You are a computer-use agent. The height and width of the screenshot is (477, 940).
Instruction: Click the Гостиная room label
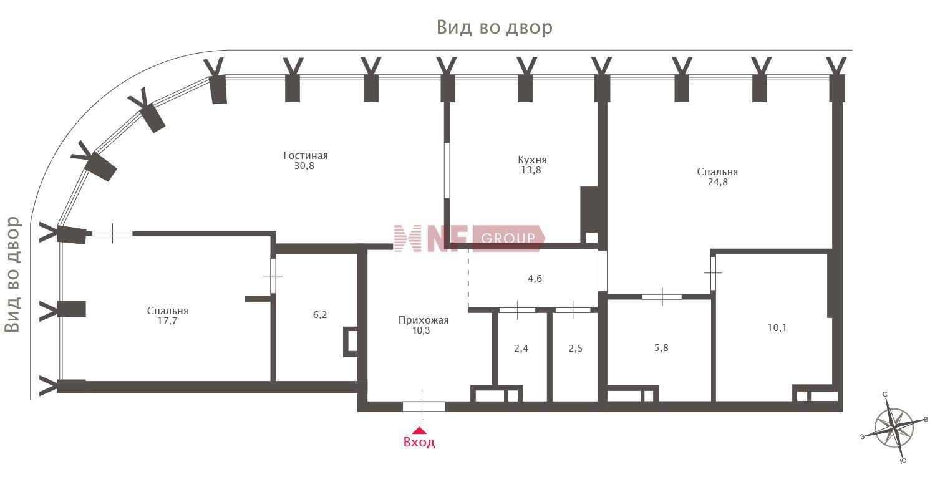click(306, 156)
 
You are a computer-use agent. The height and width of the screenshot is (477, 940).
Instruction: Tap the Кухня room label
click(532, 160)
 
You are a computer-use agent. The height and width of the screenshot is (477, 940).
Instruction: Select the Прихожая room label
click(424, 320)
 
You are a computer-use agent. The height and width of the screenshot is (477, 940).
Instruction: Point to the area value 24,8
click(717, 182)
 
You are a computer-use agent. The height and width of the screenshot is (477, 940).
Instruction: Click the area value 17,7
click(167, 321)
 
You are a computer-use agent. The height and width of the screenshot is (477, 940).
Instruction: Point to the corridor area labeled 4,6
click(534, 279)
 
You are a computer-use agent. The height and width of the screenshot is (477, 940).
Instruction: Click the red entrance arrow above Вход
click(419, 430)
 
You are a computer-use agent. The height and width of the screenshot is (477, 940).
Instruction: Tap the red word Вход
click(419, 442)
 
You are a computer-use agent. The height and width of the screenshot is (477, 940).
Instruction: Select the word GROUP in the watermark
click(508, 238)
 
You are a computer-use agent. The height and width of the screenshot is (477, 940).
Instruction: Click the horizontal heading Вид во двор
click(495, 27)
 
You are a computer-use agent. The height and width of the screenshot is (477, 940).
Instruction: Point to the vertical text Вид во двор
click(12, 274)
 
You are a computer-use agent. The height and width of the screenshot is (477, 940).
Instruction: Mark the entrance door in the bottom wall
click(424, 407)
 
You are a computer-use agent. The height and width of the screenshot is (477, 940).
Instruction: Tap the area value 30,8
click(304, 166)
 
